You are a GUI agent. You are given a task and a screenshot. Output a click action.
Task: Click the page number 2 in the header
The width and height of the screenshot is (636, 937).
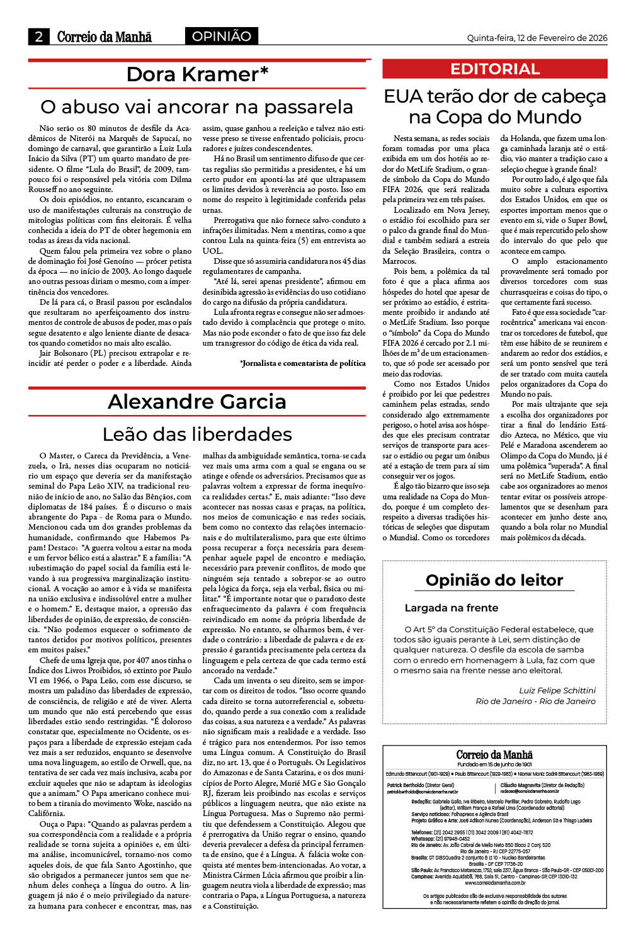pos(39,37)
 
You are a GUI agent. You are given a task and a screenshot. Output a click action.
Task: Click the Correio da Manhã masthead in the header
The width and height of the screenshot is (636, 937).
pos(104,37)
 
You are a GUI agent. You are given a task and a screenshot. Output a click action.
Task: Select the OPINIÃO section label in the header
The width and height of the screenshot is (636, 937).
pos(222,36)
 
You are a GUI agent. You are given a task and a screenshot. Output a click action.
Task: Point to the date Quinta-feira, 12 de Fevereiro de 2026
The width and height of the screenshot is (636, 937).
pos(537,38)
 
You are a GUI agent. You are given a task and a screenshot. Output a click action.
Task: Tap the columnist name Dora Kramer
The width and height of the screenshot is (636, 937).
pos(197,74)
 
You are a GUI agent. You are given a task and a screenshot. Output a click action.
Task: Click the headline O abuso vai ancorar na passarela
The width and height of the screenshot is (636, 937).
pos(196,106)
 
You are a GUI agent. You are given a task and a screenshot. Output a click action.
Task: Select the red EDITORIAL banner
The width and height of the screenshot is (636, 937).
pos(495,69)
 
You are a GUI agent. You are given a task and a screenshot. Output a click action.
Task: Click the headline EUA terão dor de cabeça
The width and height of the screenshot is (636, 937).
pos(495,96)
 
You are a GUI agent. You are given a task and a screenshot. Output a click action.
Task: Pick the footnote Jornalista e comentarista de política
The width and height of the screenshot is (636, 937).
pos(303,363)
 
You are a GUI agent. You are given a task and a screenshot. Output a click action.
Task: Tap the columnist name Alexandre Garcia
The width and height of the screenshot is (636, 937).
pos(196,401)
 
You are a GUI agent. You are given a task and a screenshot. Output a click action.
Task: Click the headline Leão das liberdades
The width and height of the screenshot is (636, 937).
pos(197,434)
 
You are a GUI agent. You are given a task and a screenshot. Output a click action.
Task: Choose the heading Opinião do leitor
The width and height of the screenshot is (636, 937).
pos(494,580)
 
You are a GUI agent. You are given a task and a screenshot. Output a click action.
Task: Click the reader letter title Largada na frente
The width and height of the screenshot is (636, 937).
pos(451,608)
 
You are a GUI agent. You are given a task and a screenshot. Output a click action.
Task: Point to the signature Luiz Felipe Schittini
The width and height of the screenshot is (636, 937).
pos(557,690)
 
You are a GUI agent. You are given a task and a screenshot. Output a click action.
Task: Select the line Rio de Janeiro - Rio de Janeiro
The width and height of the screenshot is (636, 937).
pos(535,701)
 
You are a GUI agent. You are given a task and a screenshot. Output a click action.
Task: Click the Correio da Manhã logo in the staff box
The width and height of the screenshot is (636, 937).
pos(494,754)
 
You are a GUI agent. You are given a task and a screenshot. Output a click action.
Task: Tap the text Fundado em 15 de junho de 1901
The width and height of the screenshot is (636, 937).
pos(494,764)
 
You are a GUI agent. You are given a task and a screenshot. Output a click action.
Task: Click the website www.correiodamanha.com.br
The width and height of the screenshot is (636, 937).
pos(494,883)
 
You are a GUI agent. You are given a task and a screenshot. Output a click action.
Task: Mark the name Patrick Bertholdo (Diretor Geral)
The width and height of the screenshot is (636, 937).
pos(420,785)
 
